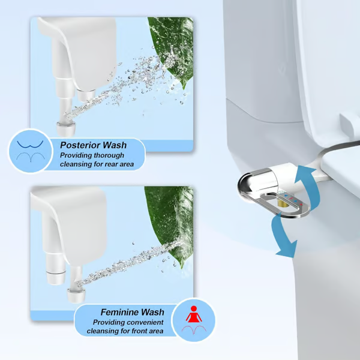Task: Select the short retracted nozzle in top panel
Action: [x=85, y=95]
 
